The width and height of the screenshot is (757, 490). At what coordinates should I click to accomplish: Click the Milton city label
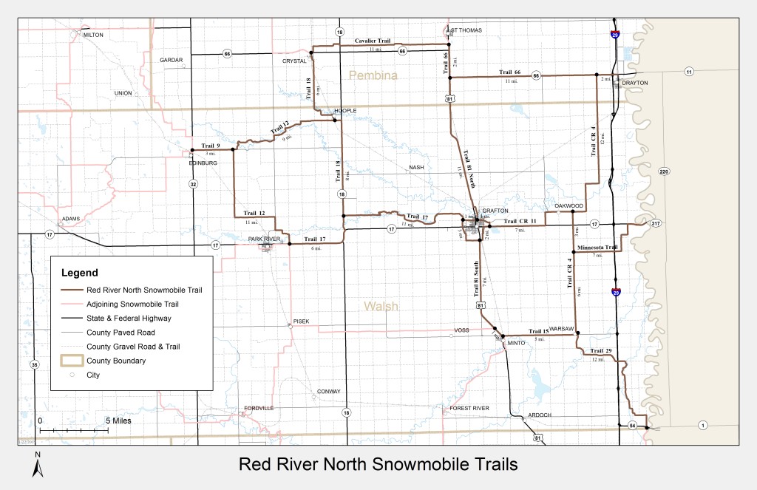pos(93,35)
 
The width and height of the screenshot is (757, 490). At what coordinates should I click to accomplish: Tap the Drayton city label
pos(635,83)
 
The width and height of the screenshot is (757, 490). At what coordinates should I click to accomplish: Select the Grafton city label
pos(495,210)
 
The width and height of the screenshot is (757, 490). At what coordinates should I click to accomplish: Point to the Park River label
pos(265,239)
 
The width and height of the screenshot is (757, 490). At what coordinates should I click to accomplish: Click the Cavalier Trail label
pos(373,41)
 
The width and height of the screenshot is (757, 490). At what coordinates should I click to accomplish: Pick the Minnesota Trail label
pos(597,247)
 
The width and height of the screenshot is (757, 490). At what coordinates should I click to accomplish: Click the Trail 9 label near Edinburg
pos(211,146)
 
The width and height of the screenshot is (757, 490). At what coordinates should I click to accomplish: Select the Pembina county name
pos(373,75)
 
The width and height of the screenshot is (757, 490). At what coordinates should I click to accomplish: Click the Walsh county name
pos(381,306)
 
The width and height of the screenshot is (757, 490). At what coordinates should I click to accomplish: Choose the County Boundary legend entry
pos(116,361)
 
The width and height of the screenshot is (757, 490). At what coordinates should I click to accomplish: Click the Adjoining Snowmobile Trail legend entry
pos(132,304)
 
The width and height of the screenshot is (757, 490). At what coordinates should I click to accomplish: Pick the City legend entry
pos(93,375)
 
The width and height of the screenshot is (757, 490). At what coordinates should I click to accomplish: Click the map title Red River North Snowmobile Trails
pos(378,464)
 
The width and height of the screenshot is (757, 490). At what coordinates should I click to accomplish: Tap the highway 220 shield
pos(663,171)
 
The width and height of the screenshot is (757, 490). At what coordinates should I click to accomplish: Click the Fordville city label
pos(259,408)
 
